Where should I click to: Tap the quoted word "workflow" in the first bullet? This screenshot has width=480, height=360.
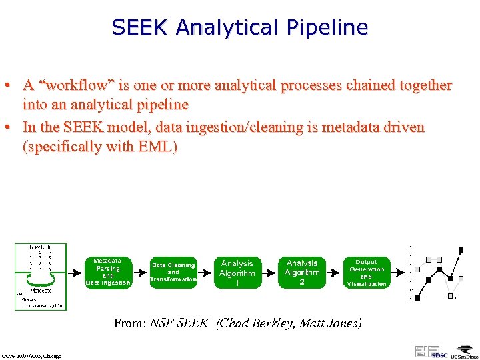point(80,86)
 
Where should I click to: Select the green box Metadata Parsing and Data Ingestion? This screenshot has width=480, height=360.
point(108,273)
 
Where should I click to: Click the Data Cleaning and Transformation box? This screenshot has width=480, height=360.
point(173,273)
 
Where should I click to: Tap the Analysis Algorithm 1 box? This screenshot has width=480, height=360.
point(237,273)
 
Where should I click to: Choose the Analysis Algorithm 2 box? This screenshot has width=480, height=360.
point(302,273)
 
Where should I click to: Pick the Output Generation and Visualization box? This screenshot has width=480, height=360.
point(366,273)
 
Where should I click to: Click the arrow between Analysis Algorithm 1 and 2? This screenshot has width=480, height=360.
point(269,273)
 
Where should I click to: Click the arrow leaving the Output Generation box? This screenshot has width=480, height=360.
point(397,273)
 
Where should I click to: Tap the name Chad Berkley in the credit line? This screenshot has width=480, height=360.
point(256,323)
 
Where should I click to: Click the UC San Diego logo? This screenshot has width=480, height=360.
point(463,351)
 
